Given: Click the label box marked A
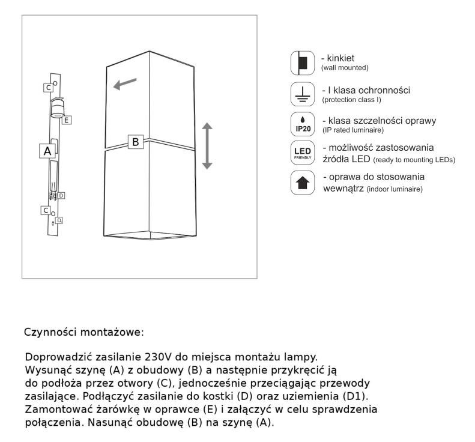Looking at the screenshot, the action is pos(47,151).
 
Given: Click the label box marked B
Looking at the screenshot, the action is pos(136,142).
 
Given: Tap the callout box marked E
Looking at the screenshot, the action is pos(67,120).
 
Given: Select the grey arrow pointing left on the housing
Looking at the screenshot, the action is pos(125,84).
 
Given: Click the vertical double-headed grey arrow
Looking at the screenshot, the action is pos(207,146).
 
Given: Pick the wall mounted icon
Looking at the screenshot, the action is pos(302,62).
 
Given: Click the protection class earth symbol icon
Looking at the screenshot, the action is pos(302,94).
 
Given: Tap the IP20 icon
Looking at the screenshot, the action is pos(302,124).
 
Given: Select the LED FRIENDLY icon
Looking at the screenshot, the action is pos(302,153).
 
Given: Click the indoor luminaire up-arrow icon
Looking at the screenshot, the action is pos(302,183).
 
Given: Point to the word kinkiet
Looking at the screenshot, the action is pos(340,58).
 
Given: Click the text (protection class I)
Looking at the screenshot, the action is pos(351,100).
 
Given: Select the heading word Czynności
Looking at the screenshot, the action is pos(50,332).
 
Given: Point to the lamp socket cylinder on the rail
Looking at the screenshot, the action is pos(57,108).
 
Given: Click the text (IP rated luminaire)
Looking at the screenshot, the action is pos(353,130).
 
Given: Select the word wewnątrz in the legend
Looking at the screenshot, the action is pos(343,189).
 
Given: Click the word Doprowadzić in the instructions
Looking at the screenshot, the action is pos(58,357).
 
